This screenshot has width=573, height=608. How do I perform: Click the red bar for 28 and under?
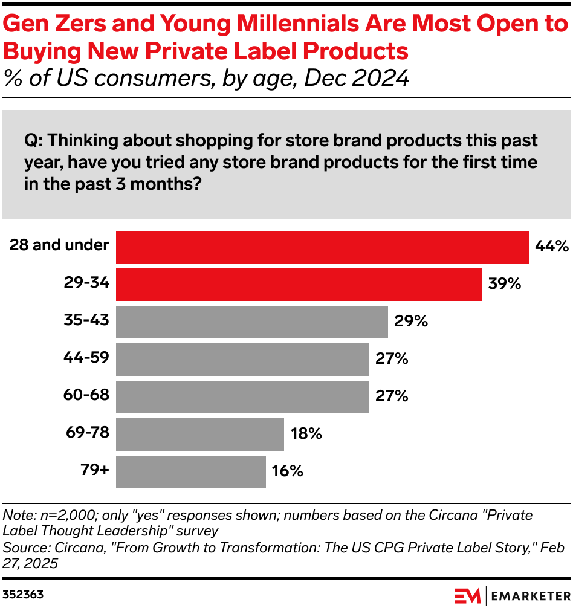[x=322, y=247]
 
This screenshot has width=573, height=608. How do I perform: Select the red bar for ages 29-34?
[x=299, y=284]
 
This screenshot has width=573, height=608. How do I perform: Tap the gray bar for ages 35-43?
[x=251, y=322]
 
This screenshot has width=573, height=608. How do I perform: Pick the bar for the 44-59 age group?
[x=242, y=359]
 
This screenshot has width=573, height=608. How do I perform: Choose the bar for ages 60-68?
[x=242, y=396]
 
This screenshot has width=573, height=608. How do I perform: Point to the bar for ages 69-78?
[x=199, y=434]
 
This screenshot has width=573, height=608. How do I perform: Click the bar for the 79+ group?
[x=190, y=471]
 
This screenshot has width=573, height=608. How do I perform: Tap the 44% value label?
[x=551, y=247]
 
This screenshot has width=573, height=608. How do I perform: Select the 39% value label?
[x=504, y=284]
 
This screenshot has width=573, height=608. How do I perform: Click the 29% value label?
[x=410, y=322]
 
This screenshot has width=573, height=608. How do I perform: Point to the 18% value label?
[x=306, y=434]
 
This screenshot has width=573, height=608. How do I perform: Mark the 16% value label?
[x=288, y=471]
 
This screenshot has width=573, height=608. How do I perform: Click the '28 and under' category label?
[x=59, y=245]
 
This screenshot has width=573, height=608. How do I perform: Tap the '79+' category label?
[x=94, y=470]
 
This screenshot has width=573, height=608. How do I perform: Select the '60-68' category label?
[x=86, y=395]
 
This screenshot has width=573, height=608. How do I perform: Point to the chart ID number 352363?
[x=23, y=595]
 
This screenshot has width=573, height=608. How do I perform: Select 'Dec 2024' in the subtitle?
[x=357, y=79]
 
